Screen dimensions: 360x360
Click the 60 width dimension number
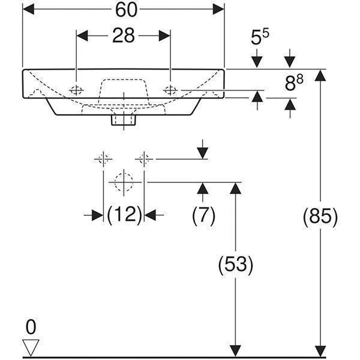[x=126, y=10]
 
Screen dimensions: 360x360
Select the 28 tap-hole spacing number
[x=123, y=35]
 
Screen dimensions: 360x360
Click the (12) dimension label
[x=124, y=215]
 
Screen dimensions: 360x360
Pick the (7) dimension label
[x=203, y=215]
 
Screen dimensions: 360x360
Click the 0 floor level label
[x=31, y=327]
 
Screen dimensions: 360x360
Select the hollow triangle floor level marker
[x=31, y=347]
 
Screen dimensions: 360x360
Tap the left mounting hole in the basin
[x=76, y=90]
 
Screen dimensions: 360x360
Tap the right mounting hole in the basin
[x=170, y=90]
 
